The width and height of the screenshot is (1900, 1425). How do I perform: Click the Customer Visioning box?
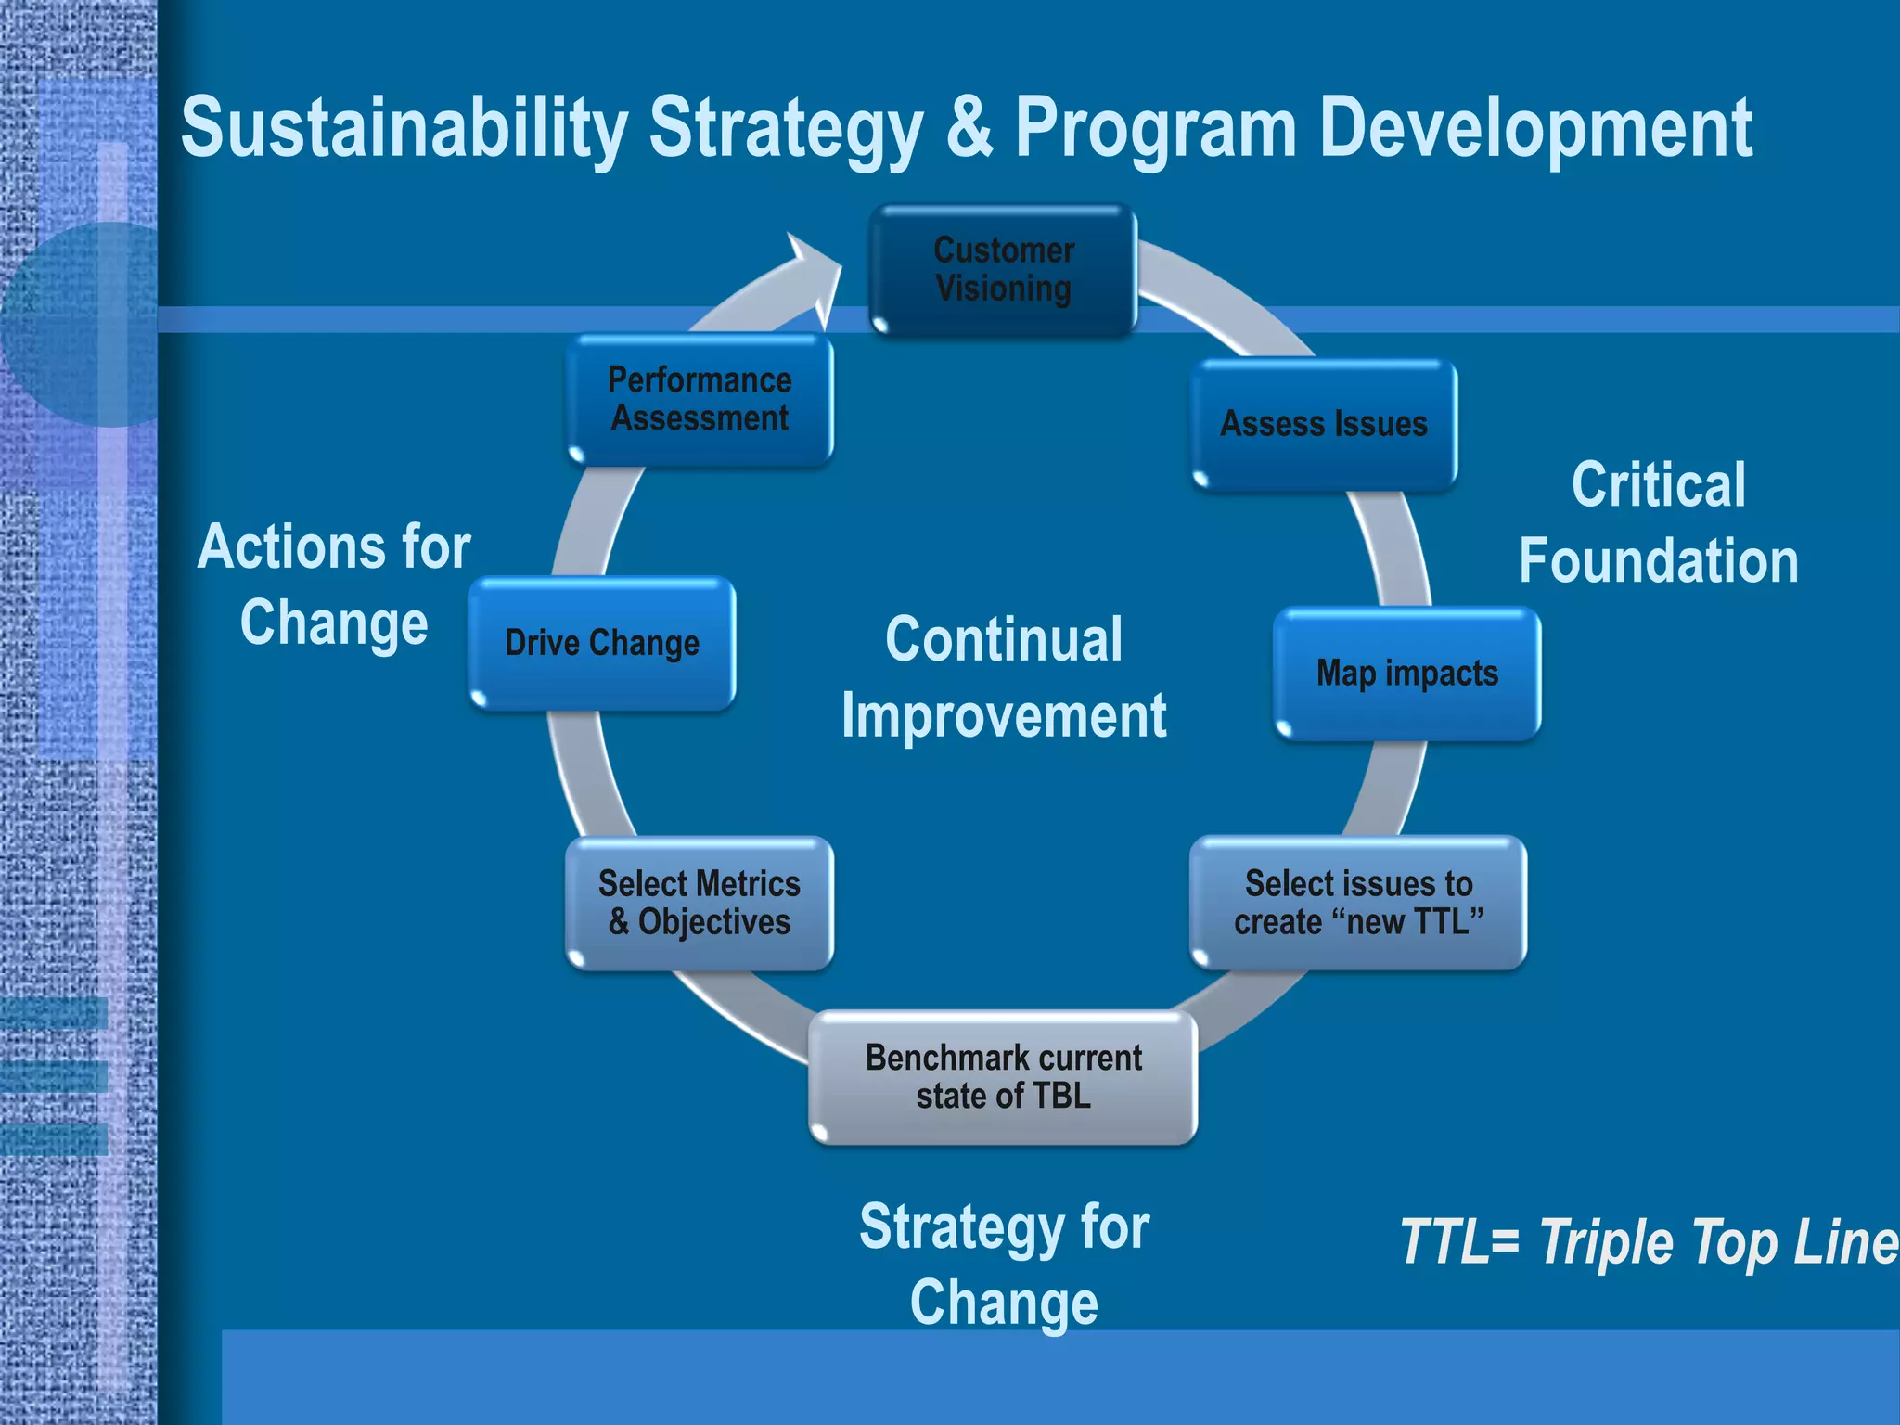1003,269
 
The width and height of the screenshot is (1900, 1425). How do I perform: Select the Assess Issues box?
1324,424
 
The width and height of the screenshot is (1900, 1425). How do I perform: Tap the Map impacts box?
1406,674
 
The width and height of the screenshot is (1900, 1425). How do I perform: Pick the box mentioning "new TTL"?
1358,903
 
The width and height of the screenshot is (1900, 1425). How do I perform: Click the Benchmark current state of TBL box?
1003,1077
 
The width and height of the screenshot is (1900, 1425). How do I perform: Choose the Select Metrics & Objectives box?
700,903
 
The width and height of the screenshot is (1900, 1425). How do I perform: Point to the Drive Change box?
602,643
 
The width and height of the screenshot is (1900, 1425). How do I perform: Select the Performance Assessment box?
700,399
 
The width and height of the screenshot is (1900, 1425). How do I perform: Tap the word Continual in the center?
1004,640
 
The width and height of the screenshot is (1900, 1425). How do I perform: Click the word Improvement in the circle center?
1004,716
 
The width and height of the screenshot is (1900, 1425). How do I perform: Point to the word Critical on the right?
1658,484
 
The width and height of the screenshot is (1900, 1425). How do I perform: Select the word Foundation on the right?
1658,561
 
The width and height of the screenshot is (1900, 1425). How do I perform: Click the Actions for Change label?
334,584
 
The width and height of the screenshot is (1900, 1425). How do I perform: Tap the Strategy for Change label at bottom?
1004,1265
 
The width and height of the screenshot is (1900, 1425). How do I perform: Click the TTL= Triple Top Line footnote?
1648,1241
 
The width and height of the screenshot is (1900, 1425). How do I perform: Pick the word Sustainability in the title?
404,130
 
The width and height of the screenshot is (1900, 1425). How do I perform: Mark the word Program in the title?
1155,130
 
